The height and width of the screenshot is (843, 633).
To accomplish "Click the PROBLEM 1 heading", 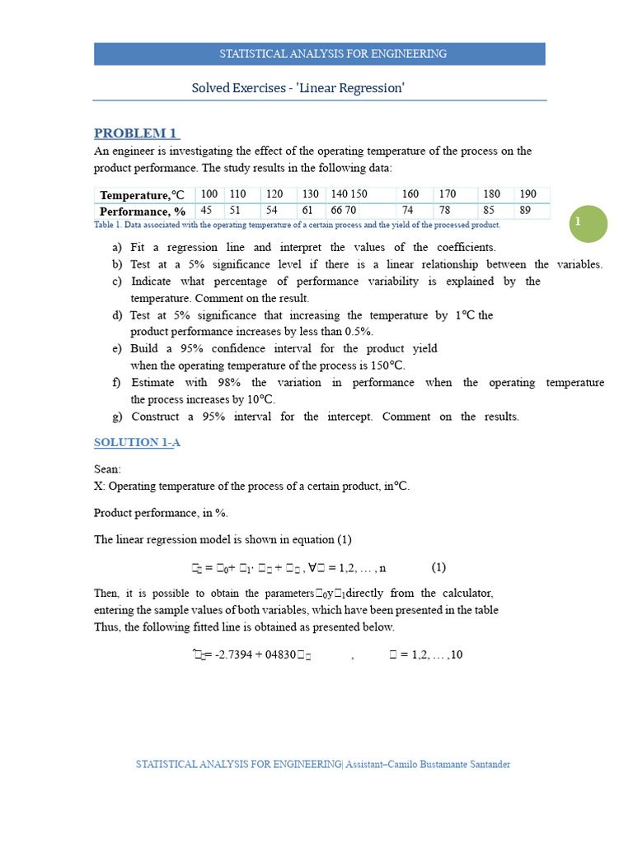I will (136, 133).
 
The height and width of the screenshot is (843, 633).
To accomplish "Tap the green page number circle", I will (588, 224).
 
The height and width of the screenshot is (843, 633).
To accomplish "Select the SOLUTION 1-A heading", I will (137, 442).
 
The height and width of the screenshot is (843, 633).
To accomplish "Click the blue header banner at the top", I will (320, 54).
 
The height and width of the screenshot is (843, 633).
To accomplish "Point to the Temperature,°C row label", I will (142, 195).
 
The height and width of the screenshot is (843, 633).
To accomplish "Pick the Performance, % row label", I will (142, 211).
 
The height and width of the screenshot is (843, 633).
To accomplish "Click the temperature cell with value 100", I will (209, 194).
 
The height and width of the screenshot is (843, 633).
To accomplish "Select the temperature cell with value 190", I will (528, 194).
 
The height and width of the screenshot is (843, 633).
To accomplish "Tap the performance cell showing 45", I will (206, 210).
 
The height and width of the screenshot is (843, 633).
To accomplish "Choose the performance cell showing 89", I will (525, 210).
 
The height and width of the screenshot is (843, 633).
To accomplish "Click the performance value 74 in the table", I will (407, 210).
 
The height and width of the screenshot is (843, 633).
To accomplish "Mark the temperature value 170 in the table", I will (448, 194).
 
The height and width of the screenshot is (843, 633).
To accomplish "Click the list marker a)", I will (117, 248).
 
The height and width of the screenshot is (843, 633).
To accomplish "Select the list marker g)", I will (117, 417).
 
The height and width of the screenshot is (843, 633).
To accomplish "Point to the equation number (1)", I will (438, 567).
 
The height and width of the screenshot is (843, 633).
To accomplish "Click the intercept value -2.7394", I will (232, 655).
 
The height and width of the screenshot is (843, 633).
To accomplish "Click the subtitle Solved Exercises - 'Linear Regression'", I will (298, 87).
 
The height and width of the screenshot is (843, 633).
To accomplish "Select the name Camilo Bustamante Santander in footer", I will (450, 765).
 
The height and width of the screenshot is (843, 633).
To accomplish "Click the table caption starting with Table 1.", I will (297, 225).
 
